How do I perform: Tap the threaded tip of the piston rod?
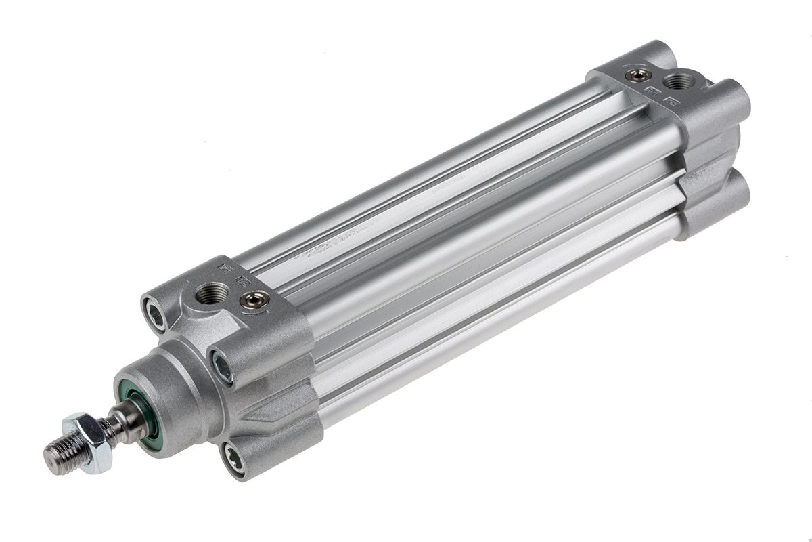click(x=58, y=455)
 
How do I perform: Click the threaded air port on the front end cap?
click(x=205, y=293)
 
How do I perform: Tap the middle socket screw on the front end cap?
click(x=222, y=367)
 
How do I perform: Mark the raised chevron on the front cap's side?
click(x=271, y=406)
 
